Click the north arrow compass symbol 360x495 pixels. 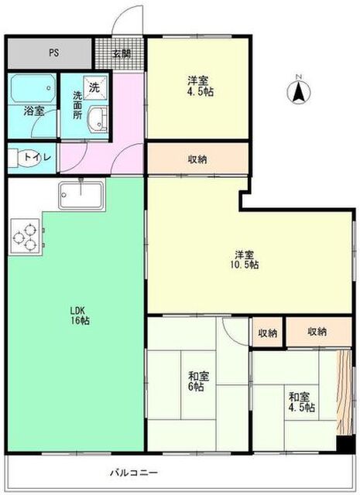[x=297, y=90]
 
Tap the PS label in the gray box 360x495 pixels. [x=53, y=53]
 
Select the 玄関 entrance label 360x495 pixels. [x=121, y=53]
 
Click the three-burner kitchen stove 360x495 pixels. [x=25, y=237]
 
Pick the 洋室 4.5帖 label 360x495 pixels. [x=199, y=84]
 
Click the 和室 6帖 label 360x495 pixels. [x=197, y=381]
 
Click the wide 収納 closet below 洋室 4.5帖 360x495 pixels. [x=197, y=159]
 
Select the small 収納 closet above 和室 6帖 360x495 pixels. [x=267, y=332]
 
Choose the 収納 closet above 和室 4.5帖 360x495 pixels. [x=317, y=332]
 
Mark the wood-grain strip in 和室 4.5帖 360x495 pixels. [x=343, y=395]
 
